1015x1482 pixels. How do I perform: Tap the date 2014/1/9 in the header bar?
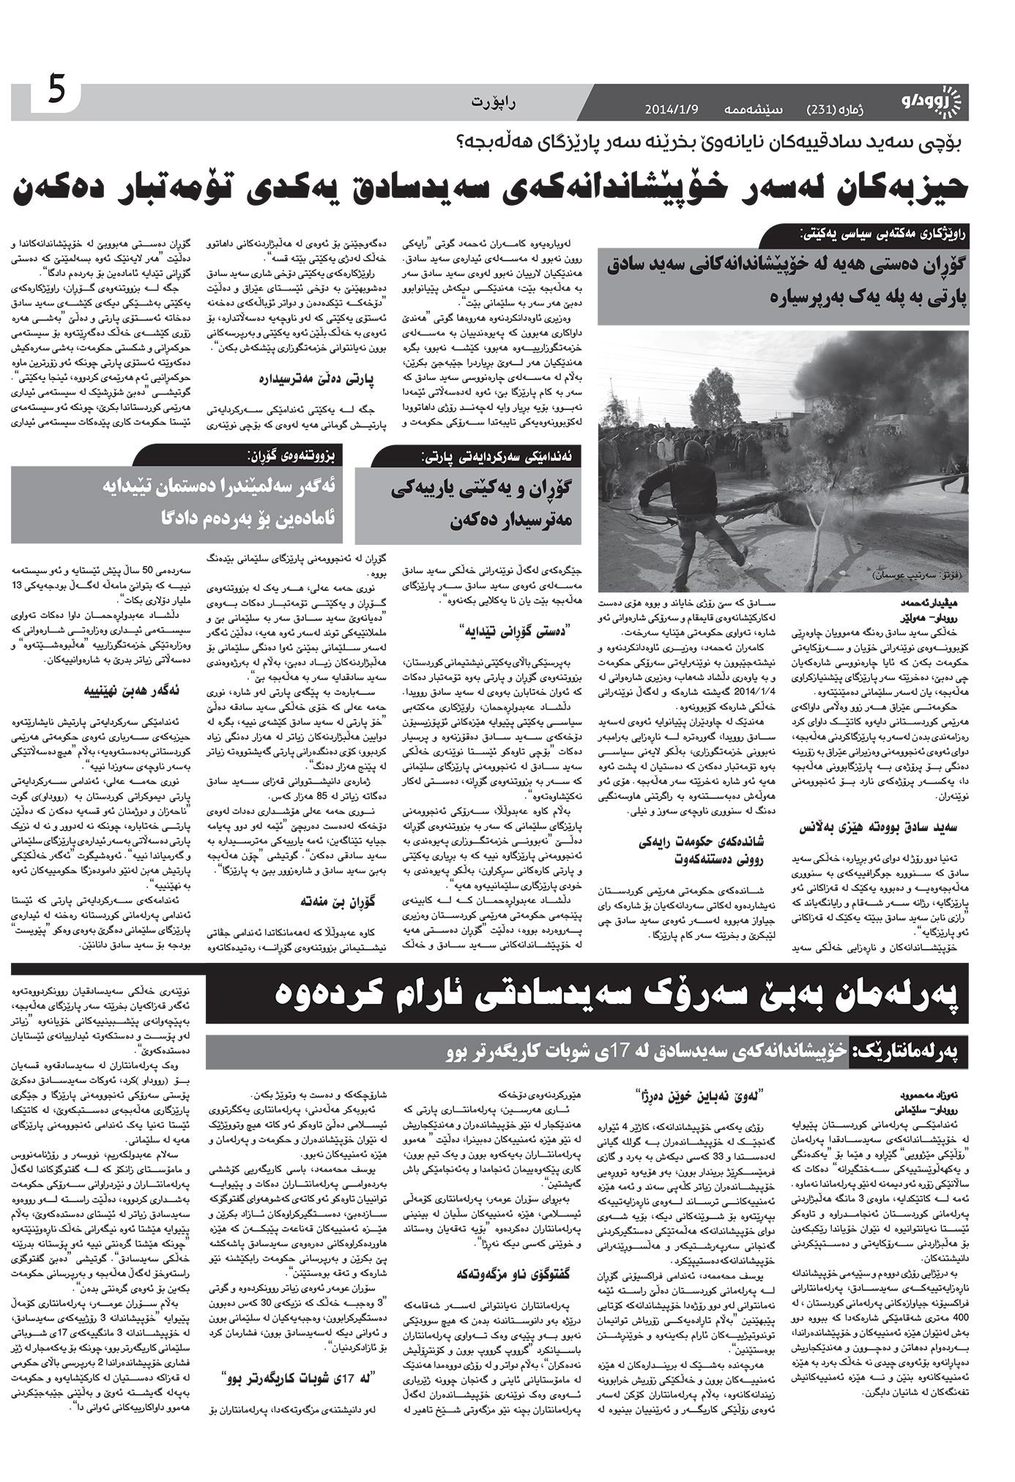(672, 110)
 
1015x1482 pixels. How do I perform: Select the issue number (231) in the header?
(826, 110)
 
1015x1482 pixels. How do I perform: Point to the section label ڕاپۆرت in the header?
(494, 103)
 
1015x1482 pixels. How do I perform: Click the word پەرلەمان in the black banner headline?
(889, 994)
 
